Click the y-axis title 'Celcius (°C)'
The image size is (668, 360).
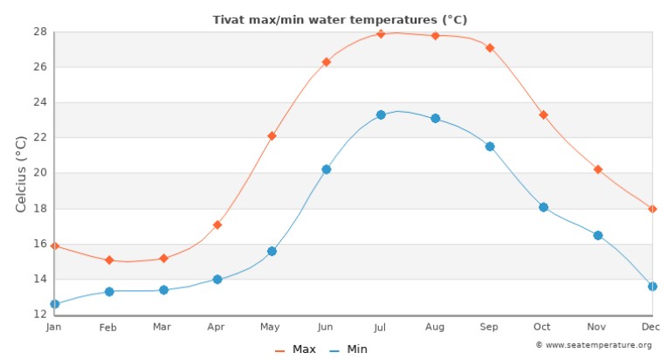tap(23, 173)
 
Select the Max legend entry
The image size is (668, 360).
tap(296, 350)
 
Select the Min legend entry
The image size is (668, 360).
tap(348, 350)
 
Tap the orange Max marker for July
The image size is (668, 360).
tap(381, 34)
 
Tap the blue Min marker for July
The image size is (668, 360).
tap(381, 115)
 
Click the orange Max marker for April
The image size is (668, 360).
tap(217, 225)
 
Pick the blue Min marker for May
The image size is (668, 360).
tap(272, 251)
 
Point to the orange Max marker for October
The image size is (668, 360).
tap(543, 114)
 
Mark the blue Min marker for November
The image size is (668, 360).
tap(598, 235)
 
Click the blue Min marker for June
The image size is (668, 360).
tap(327, 170)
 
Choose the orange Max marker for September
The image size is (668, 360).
tap(490, 48)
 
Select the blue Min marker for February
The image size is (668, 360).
tap(109, 291)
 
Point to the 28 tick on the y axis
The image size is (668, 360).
tap(40, 31)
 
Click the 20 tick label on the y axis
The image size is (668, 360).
tap(40, 173)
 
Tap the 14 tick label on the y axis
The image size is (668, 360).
tap(40, 279)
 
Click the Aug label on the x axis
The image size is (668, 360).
tap(434, 328)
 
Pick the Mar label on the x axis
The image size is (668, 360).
tap(162, 328)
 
